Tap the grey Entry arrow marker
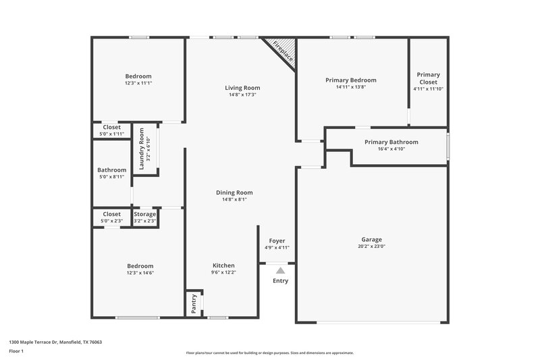[x=280, y=269]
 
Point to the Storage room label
[x=144, y=214]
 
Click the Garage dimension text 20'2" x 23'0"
[x=371, y=247]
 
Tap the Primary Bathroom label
[x=391, y=142]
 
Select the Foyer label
[x=277, y=240]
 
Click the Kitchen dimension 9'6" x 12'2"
[x=223, y=273]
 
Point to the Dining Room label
[x=234, y=192]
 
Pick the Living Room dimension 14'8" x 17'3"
[x=242, y=95]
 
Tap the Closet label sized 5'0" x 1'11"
[x=111, y=127]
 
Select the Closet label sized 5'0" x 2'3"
[x=111, y=214]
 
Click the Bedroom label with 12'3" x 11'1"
[x=138, y=76]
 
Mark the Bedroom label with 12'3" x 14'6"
[x=140, y=266]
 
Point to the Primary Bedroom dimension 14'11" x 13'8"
[x=350, y=87]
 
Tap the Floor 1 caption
[x=16, y=351]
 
